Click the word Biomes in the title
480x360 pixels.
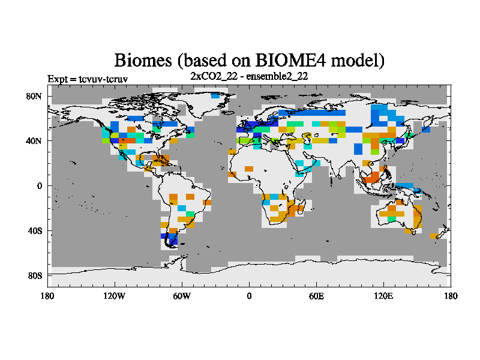143,61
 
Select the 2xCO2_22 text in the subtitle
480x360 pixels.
214,76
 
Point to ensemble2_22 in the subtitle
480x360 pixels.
277,76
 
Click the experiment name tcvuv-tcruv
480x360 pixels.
103,79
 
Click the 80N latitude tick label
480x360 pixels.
34,97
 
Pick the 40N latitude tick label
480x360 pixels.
34,141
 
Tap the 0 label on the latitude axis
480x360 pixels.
40,186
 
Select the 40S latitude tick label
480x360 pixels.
35,231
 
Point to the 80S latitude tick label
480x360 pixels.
35,276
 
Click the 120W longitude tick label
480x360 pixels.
114,296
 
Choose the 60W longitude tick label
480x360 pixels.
182,296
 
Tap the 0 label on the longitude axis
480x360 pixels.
249,296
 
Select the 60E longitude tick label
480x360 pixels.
316,296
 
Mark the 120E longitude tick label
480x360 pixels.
383,296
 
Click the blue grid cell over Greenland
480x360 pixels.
215,96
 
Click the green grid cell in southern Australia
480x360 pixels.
392,219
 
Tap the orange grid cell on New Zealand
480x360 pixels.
434,236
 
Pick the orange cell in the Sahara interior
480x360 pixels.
249,169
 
